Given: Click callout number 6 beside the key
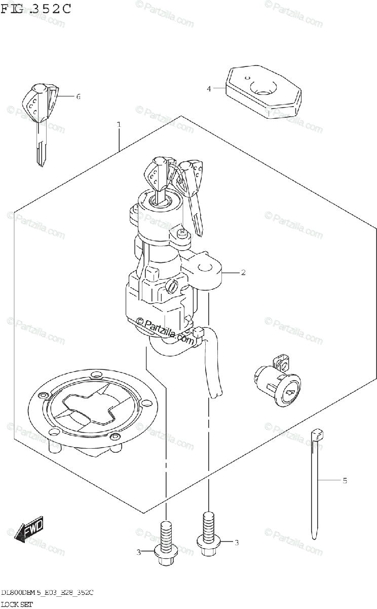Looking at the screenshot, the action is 78,96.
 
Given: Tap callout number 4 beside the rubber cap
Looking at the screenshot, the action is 208,89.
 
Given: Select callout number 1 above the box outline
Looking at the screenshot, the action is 119,125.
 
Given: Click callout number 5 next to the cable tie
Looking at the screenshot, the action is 345,480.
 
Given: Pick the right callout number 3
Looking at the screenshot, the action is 236,543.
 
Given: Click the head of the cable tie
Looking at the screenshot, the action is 317,434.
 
